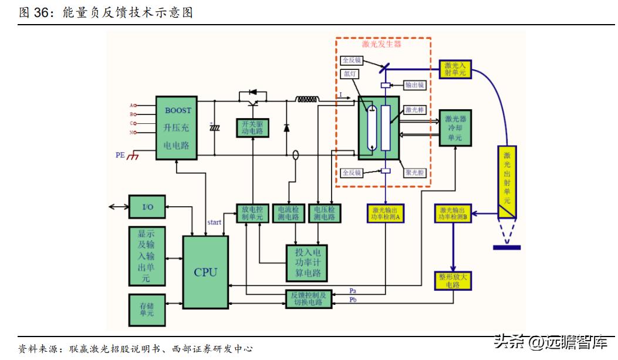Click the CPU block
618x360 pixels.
(x=205, y=271)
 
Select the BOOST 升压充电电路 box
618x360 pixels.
(x=177, y=127)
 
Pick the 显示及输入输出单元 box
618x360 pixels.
(x=147, y=256)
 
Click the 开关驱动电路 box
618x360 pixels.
(x=253, y=127)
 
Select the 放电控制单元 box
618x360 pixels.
(x=252, y=213)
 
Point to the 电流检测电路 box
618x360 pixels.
(x=288, y=213)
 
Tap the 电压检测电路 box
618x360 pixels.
(x=324, y=213)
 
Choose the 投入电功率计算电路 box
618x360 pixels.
(x=307, y=263)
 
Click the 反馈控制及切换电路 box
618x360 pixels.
(x=308, y=298)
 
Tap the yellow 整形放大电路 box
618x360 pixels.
(x=452, y=280)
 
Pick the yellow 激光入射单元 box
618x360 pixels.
(x=455, y=69)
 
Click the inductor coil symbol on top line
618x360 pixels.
(x=308, y=99)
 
